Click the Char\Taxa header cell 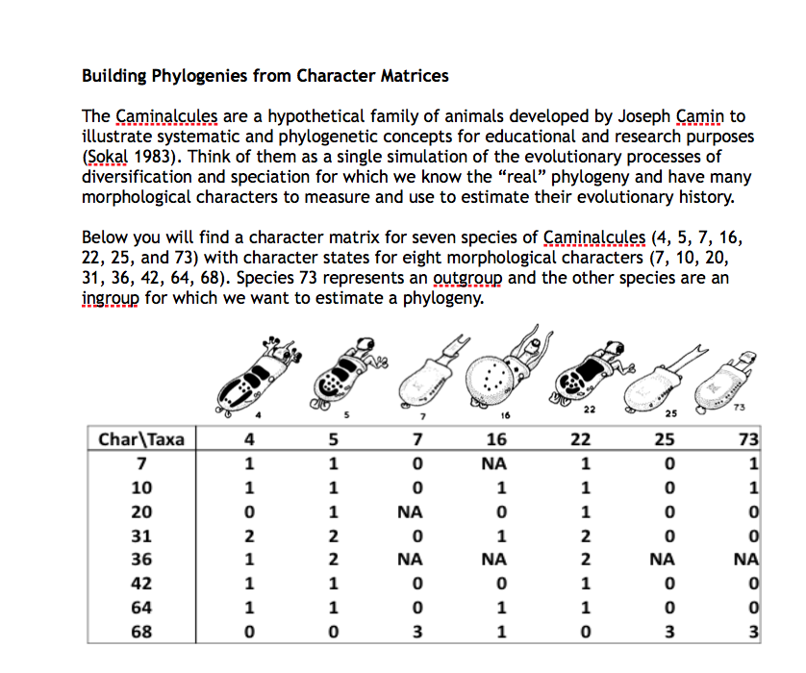coord(141,440)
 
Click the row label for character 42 coord(141,584)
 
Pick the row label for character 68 coord(141,632)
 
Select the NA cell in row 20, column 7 coord(416,512)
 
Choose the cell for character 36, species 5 coord(333,560)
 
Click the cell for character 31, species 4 coord(250,536)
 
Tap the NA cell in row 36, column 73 coord(746,560)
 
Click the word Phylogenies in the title coord(206,75)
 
